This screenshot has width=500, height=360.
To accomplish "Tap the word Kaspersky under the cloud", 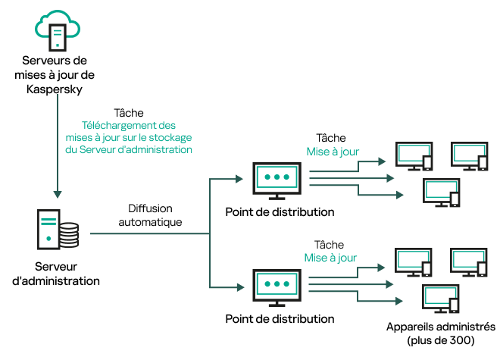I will [57, 89].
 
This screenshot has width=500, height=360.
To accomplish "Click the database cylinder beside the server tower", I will [69, 235].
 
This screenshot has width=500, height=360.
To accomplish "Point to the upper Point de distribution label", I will [280, 211].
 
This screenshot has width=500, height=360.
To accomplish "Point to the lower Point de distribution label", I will [280, 319].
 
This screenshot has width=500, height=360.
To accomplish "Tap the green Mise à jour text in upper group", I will [332, 152].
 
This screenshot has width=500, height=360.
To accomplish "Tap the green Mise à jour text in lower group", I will [332, 258].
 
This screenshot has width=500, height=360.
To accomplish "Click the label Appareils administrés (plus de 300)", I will [440, 333].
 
